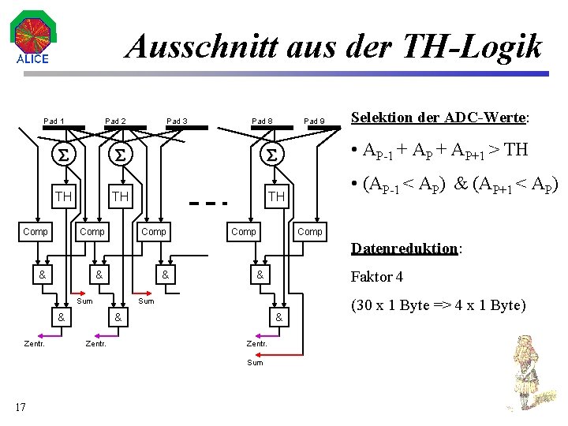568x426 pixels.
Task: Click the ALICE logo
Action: click(32, 39)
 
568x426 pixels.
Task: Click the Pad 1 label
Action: click(54, 121)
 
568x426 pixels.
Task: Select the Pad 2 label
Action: click(115, 121)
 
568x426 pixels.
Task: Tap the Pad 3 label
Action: click(177, 121)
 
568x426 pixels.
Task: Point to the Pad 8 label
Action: click(262, 121)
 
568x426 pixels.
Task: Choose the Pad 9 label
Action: click(315, 121)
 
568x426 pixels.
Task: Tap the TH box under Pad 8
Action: click(276, 195)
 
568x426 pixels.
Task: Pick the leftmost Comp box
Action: click(35, 231)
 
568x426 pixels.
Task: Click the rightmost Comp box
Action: click(310, 231)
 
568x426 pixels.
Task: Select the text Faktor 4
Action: click(377, 277)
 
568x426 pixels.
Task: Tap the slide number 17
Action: click(20, 407)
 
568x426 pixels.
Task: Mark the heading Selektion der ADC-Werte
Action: click(440, 118)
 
